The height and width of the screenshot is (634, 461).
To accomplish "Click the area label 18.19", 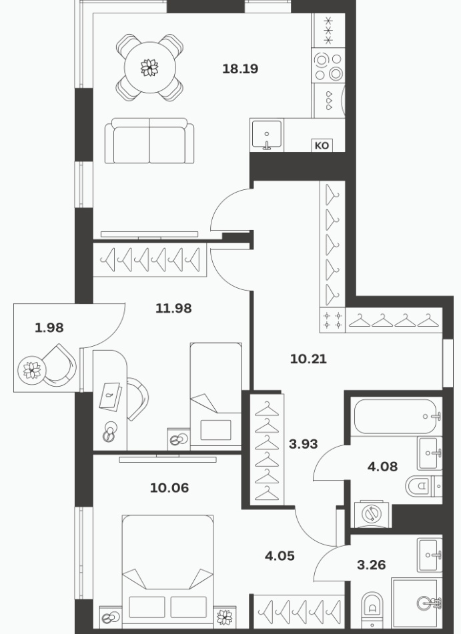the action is (240, 69).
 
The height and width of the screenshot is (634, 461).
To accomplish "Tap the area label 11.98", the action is (173, 309).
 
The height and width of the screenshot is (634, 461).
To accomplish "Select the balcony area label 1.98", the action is (49, 327).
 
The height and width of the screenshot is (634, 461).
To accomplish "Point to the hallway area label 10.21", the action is (308, 359).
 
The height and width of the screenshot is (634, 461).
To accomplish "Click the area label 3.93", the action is (303, 444).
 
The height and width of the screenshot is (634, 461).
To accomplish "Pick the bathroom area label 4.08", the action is (382, 467).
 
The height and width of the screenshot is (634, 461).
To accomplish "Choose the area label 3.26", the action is (372, 565).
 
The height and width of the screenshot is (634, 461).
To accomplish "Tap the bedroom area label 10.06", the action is (169, 488).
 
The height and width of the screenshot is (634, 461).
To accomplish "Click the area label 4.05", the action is (280, 556).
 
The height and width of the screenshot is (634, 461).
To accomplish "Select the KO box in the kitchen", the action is (322, 145).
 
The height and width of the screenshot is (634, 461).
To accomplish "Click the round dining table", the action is (149, 67).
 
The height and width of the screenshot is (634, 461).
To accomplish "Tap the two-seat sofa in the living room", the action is (149, 141).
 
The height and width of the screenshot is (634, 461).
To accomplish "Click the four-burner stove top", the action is (328, 67).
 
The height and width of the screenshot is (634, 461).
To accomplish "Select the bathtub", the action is (396, 416).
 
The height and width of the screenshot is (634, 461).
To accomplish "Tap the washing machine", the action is (372, 515).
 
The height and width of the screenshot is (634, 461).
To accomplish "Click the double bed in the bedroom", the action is (167, 571).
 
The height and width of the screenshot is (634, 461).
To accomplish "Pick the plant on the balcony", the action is (32, 369).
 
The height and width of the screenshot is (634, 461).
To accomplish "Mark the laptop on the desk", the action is (110, 397).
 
